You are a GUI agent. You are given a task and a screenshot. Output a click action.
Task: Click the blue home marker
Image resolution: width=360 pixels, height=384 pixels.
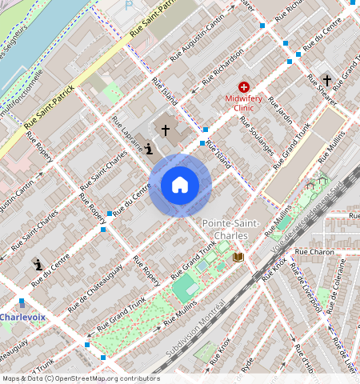180,186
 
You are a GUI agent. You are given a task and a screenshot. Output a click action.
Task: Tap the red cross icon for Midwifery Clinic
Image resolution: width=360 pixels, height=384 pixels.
243,86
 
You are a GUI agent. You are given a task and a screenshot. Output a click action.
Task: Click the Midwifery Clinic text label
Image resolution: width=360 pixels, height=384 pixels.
243,102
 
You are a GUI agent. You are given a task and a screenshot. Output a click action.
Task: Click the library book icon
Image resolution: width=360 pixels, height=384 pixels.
238,257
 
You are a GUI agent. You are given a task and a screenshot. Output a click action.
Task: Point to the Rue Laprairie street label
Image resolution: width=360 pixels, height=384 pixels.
132,135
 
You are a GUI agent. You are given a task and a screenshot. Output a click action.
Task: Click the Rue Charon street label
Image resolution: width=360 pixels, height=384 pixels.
314,251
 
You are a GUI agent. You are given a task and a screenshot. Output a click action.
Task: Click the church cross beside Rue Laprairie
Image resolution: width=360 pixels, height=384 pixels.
166,129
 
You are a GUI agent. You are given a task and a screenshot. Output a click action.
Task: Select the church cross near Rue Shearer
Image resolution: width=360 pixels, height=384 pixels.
326,80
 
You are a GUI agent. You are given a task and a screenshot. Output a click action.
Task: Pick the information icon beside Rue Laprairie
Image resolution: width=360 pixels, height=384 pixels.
149,147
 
